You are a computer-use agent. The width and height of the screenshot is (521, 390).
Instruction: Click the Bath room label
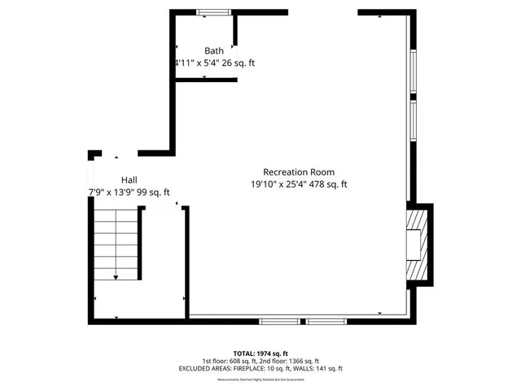214,50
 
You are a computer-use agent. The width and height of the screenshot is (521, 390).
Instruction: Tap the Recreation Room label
298,172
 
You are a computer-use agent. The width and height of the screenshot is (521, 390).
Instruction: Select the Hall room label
129,180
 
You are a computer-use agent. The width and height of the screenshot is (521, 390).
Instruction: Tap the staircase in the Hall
116,243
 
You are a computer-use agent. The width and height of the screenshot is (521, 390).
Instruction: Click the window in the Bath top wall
213,11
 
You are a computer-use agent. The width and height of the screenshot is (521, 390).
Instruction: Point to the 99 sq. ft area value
155,193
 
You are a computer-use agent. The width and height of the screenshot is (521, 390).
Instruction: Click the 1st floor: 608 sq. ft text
230,361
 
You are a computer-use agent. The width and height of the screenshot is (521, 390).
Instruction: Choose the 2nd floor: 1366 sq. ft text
289,361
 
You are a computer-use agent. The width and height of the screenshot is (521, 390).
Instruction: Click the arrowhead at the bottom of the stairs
116,278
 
